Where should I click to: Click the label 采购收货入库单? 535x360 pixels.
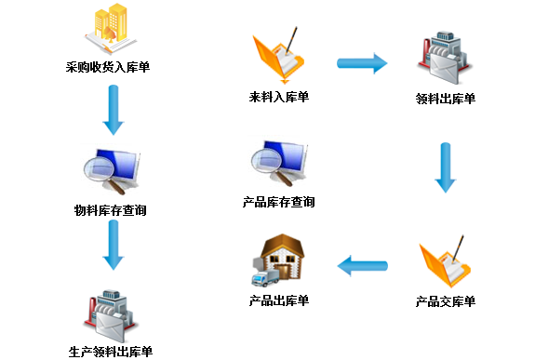click(110, 67)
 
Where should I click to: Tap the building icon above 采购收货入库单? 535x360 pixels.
click(110, 30)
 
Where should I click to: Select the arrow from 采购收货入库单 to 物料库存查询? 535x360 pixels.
click(113, 110)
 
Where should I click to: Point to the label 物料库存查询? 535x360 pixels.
click(110, 210)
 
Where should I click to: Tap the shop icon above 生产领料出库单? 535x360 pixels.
click(110, 315)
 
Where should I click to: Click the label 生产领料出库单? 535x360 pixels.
click(110, 352)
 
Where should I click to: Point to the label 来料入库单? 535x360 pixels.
click(278, 96)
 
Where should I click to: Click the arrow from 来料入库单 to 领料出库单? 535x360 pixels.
click(361, 63)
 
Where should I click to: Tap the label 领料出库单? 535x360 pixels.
click(446, 99)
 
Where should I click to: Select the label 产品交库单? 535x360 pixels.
click(445, 301)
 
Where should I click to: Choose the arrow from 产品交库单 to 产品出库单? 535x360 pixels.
click(362, 268)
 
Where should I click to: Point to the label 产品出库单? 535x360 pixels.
click(278, 300)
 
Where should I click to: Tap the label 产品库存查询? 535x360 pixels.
click(278, 201)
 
